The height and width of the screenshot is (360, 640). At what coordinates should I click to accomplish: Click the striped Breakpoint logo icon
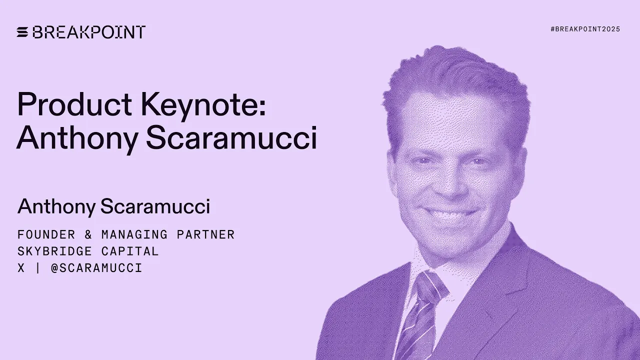coord(22,32)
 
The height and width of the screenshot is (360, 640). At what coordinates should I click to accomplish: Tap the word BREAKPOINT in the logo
coord(89,32)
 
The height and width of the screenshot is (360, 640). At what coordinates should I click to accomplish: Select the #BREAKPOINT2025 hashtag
coord(585,29)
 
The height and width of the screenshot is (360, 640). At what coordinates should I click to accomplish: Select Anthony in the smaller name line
coord(55,206)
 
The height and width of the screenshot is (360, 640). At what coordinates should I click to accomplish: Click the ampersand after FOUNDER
coord(88,234)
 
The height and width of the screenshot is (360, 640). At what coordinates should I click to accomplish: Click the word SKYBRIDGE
coord(55,251)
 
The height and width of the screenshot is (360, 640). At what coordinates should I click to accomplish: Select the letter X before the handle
coord(21,268)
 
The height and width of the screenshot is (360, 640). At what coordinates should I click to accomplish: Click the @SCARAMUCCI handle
coord(96,268)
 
